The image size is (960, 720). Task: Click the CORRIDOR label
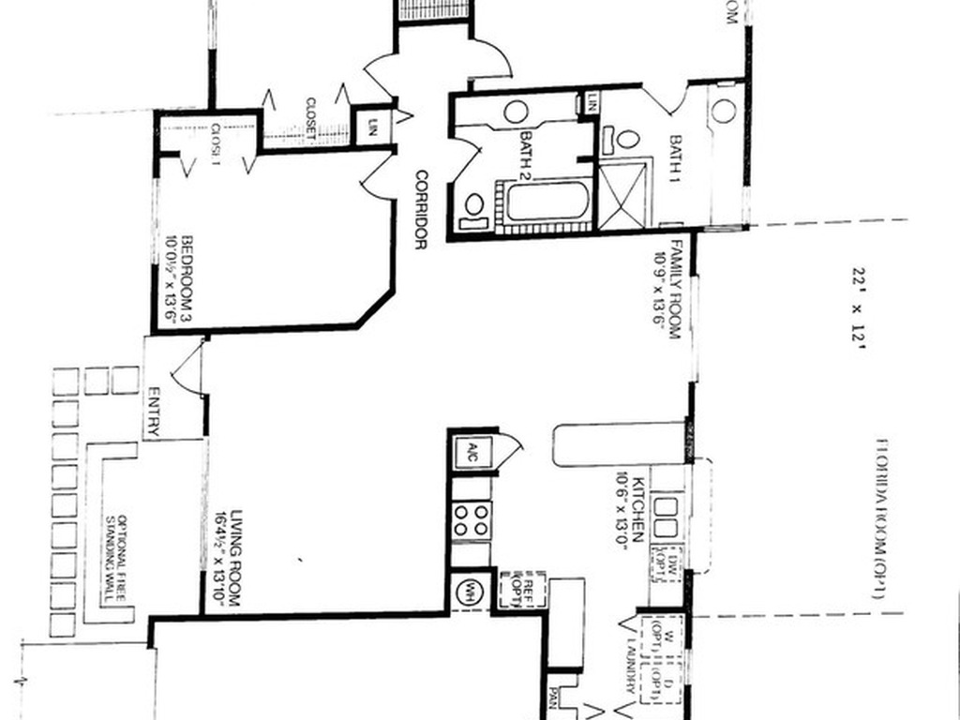pos(422,208)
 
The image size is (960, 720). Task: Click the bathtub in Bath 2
pos(546,202)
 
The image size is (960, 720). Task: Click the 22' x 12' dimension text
pos(856,305)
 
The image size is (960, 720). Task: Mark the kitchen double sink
pos(667,517)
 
